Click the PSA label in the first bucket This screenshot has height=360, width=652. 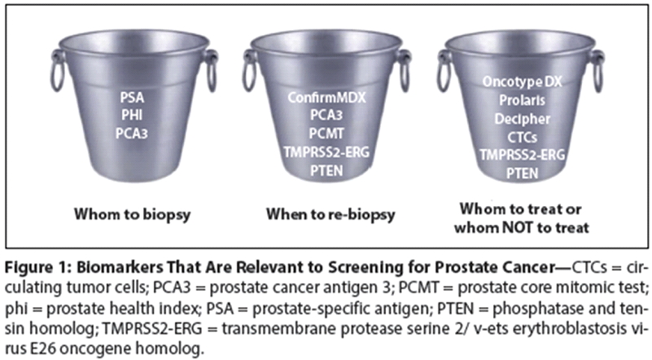click(x=132, y=98)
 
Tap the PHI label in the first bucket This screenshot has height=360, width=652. click(x=132, y=115)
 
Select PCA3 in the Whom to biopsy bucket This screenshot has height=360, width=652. click(x=132, y=134)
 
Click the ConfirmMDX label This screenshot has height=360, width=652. click(x=327, y=98)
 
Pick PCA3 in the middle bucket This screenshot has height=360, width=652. click(x=326, y=115)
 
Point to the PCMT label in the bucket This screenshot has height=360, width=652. click(x=326, y=134)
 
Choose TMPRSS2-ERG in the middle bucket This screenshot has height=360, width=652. click(x=326, y=152)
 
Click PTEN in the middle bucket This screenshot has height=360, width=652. click(x=326, y=171)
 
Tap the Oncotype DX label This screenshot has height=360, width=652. click(x=523, y=81)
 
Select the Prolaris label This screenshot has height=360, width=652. click(x=523, y=100)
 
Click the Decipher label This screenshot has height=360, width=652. click(x=523, y=119)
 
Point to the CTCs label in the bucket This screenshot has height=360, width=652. click(x=523, y=137)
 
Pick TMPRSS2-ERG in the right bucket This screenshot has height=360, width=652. click(x=523, y=155)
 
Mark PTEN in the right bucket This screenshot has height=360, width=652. click(x=523, y=173)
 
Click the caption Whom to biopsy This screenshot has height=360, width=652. click(x=132, y=214)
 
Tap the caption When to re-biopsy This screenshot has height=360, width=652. click(x=330, y=214)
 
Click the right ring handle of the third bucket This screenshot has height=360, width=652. click(x=599, y=72)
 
